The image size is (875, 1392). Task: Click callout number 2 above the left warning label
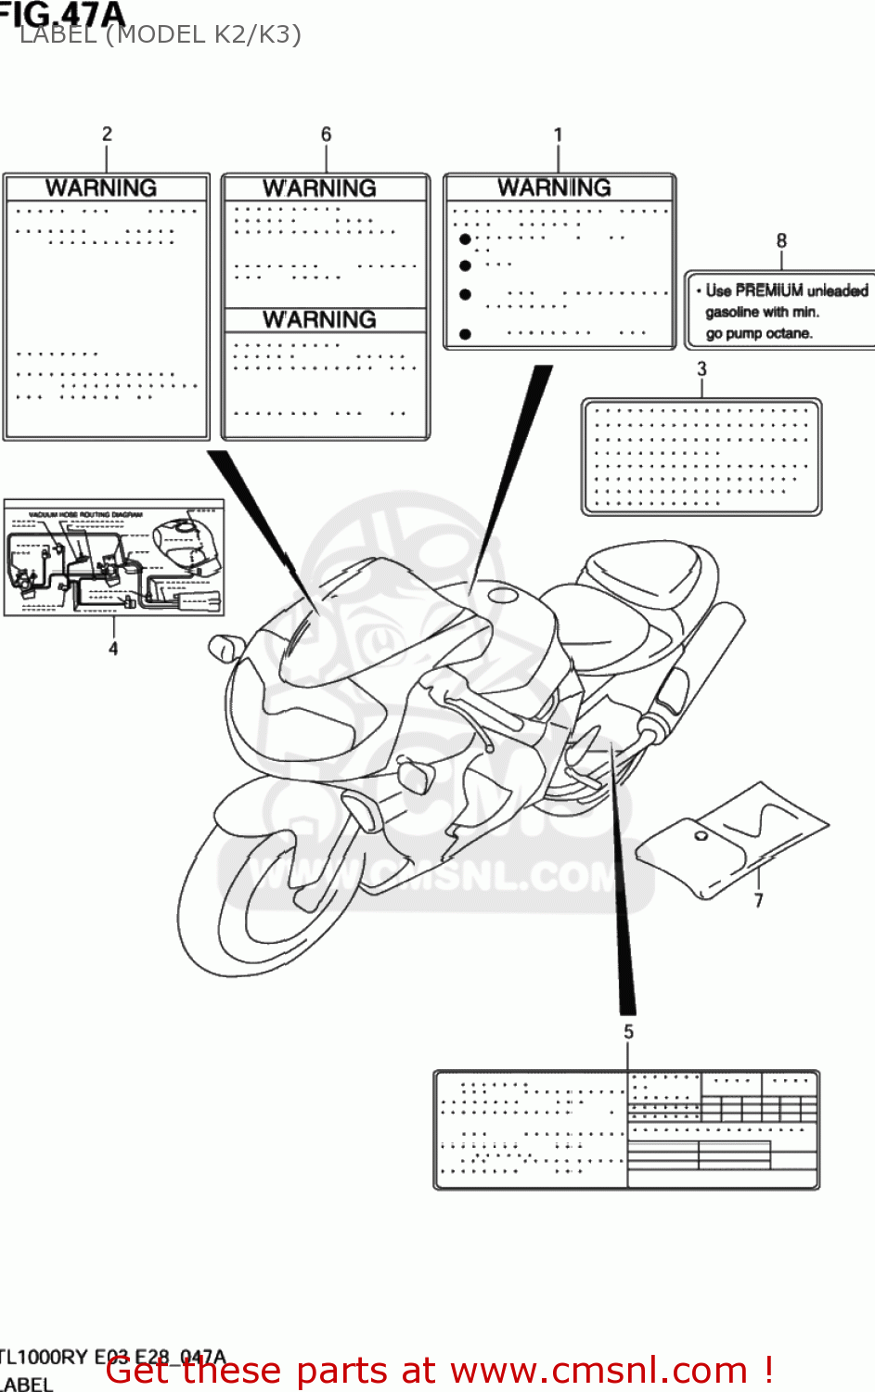point(107,134)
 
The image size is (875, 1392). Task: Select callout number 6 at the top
point(326,135)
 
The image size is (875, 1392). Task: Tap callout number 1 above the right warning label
point(558,135)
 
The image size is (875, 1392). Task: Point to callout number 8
point(781,241)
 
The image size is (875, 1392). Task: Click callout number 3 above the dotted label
point(701,369)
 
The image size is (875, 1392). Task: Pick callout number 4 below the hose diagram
point(113,649)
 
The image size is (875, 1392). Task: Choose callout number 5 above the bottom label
point(628,1032)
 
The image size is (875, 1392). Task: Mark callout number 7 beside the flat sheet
point(758,900)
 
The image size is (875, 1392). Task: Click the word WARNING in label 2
point(101,188)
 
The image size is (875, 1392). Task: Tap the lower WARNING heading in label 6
point(319,320)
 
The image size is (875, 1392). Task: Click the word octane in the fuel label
point(789,333)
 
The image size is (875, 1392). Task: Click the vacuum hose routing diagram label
point(113,557)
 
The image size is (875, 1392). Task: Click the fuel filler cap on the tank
point(499,596)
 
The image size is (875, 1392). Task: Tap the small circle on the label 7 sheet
point(701,836)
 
